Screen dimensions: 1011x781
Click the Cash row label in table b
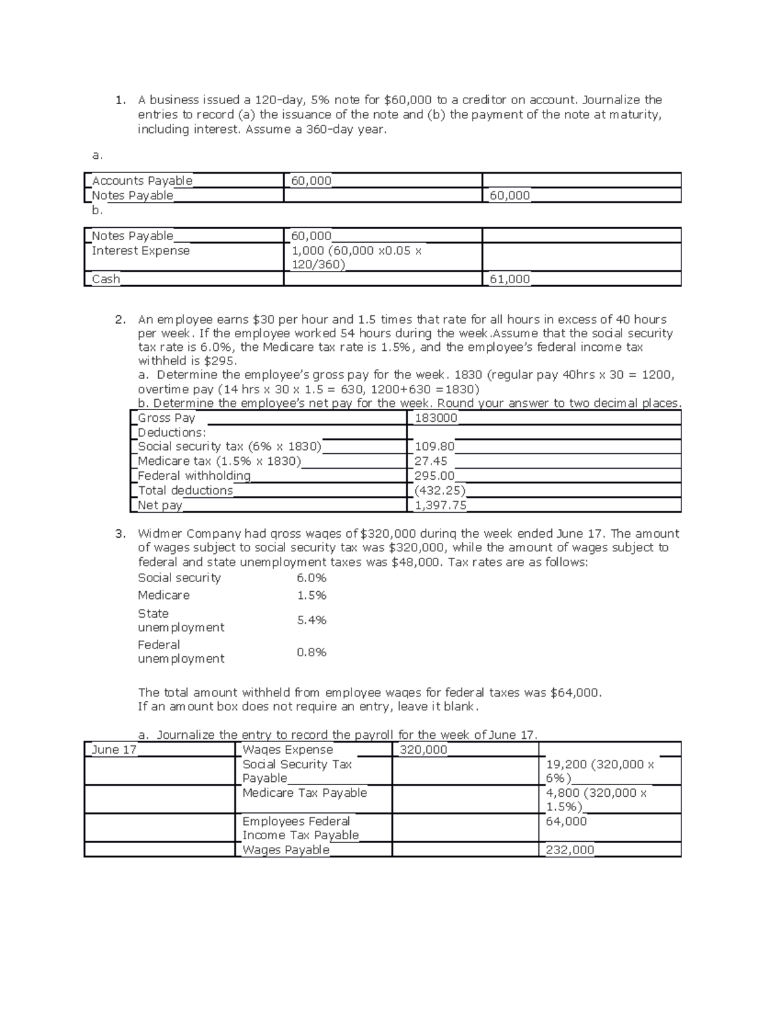pyautogui.click(x=106, y=279)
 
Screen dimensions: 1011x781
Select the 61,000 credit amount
pyautogui.click(x=510, y=279)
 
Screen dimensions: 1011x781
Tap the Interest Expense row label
pyautogui.click(x=141, y=251)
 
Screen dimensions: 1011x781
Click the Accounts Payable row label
pyautogui.click(x=142, y=180)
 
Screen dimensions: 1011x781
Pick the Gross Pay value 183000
pyautogui.click(x=435, y=418)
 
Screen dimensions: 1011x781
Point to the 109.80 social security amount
pyautogui.click(x=434, y=447)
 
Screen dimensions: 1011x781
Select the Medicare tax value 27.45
pyautogui.click(x=431, y=461)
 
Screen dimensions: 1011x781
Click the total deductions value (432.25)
pyautogui.click(x=439, y=490)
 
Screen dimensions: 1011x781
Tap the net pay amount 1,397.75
pyautogui.click(x=440, y=505)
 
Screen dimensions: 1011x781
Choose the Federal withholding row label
pyautogui.click(x=194, y=476)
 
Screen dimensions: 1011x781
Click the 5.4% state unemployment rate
pyautogui.click(x=312, y=620)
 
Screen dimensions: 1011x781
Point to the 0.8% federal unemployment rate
pyautogui.click(x=312, y=652)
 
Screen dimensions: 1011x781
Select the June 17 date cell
pyautogui.click(x=114, y=749)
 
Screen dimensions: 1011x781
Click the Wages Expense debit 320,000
pyautogui.click(x=423, y=749)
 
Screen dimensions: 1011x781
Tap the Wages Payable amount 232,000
pyautogui.click(x=569, y=850)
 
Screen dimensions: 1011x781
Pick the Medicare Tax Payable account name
pyautogui.click(x=305, y=793)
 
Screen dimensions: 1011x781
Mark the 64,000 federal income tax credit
pyautogui.click(x=566, y=822)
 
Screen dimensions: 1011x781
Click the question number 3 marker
pyautogui.click(x=120, y=534)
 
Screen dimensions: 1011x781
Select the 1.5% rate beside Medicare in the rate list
pyautogui.click(x=312, y=596)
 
